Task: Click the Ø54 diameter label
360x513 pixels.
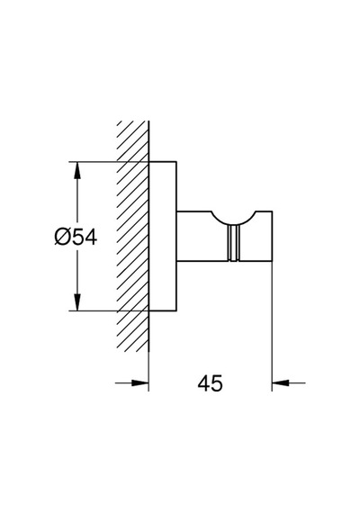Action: pyautogui.click(x=76, y=237)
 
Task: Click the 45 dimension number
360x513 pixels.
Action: pyautogui.click(x=210, y=383)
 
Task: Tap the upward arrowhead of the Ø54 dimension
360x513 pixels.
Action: pyautogui.click(x=77, y=170)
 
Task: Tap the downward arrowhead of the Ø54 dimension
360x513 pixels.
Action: pyautogui.click(x=77, y=302)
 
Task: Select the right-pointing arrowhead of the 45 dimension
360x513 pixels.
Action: pyautogui.click(x=140, y=382)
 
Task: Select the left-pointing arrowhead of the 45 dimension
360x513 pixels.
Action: pyautogui.click(x=281, y=382)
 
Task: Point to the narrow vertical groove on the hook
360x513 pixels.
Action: pyautogui.click(x=233, y=243)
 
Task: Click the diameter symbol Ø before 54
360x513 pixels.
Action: pyautogui.click(x=62, y=237)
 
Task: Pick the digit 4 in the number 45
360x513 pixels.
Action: pyautogui.click(x=203, y=383)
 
